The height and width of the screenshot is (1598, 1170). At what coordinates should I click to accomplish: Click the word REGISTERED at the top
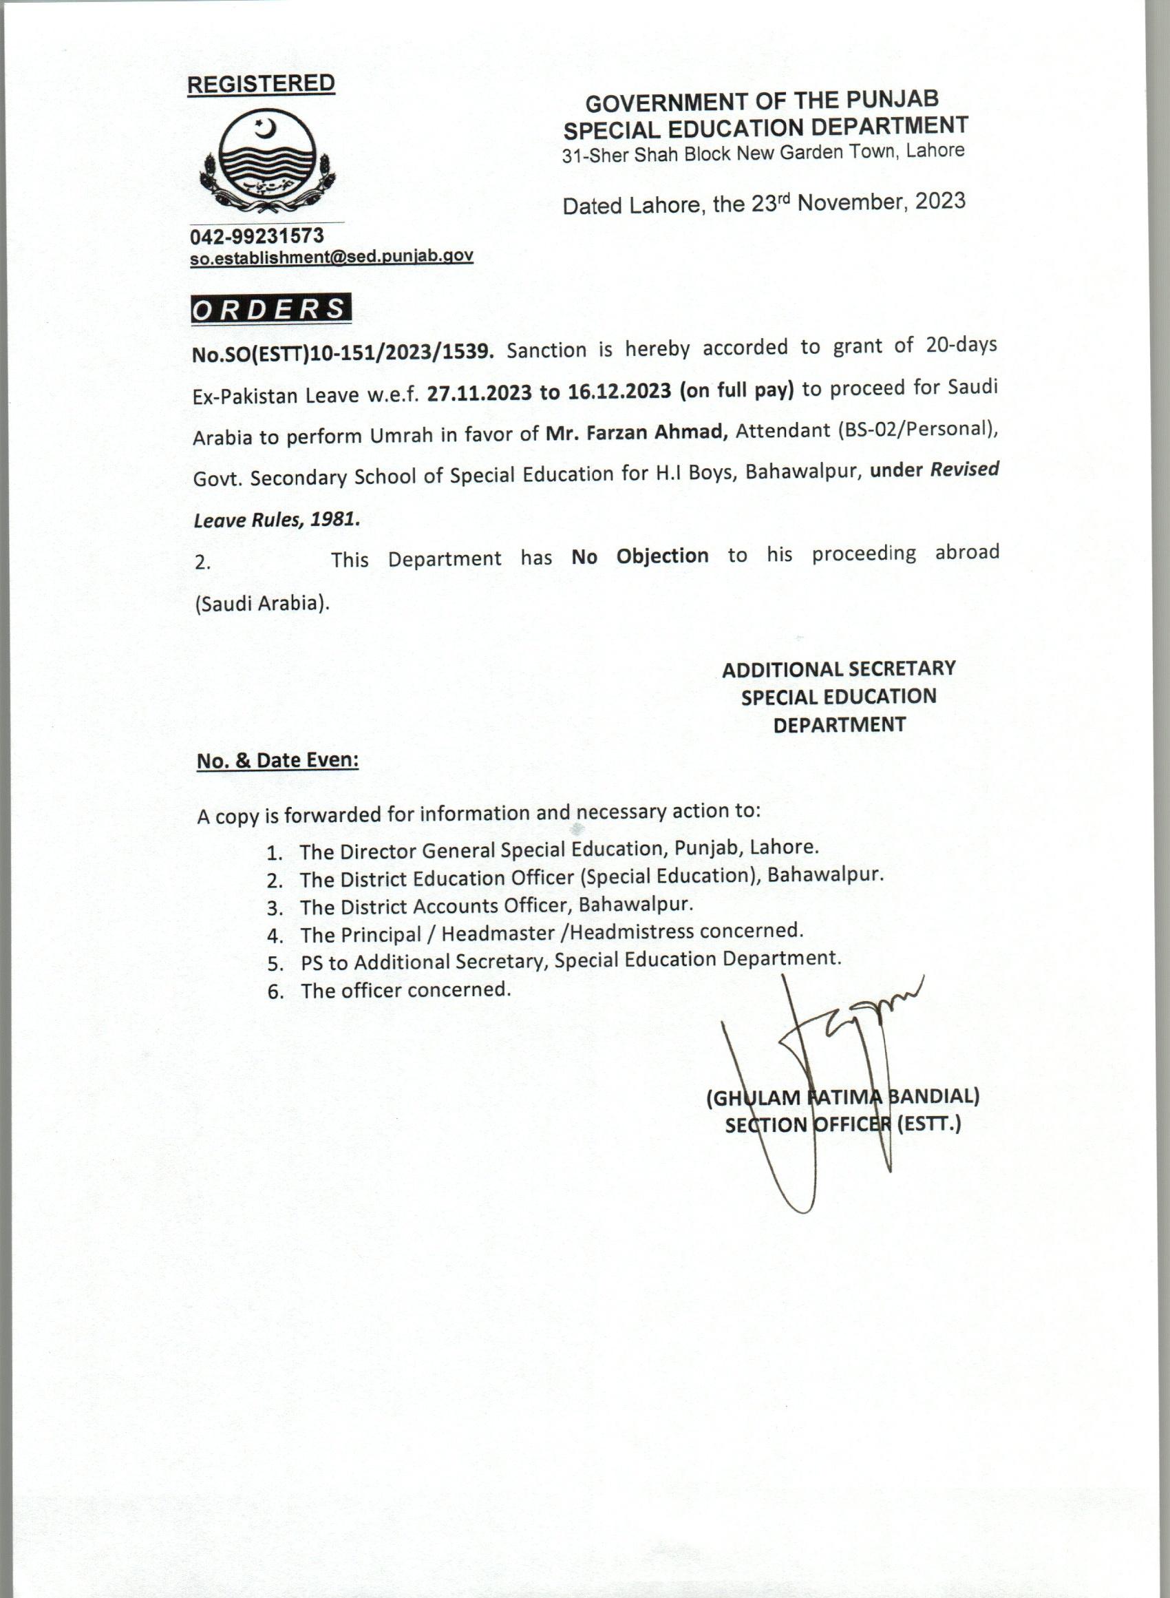coord(261,83)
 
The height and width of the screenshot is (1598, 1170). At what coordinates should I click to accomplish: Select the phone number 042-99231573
coord(257,236)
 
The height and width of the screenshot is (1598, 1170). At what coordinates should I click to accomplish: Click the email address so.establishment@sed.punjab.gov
coord(332,257)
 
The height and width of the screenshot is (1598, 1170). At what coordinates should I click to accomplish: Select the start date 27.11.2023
coord(479,393)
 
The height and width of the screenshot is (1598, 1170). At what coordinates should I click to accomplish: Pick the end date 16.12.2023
coord(619,391)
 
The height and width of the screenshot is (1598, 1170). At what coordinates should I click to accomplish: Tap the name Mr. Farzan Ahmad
coord(637,432)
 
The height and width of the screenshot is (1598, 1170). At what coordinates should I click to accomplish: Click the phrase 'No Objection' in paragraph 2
coord(640,557)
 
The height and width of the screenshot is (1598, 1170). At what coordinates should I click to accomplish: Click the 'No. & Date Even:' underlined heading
coord(277,761)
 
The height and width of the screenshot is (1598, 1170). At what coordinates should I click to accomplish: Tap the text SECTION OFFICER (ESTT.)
coord(843,1125)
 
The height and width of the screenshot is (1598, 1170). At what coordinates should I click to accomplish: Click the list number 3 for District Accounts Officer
coord(275,908)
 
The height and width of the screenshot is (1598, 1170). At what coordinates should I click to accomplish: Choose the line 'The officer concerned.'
coord(405,990)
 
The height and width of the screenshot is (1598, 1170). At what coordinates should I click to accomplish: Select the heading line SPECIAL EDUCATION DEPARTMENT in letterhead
coord(765,127)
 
